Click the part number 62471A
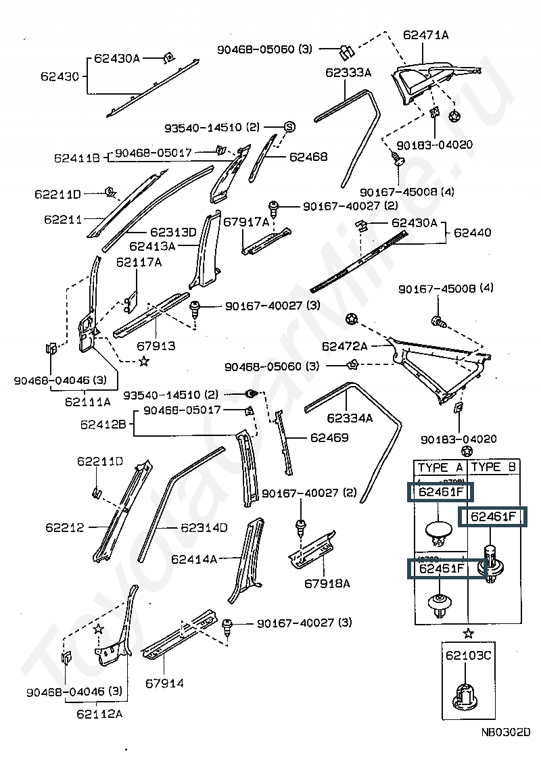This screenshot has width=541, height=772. (425, 34)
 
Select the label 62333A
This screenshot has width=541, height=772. (348, 72)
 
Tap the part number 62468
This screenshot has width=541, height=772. (308, 157)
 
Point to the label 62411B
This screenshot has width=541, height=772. (77, 158)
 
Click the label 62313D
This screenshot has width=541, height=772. (173, 232)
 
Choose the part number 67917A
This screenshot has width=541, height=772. (246, 222)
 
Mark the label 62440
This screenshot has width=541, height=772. (473, 233)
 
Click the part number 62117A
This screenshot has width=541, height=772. (139, 262)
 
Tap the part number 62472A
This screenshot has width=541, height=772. (344, 346)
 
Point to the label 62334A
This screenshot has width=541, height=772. (350, 418)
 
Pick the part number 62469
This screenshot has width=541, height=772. (329, 437)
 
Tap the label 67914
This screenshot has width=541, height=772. (164, 683)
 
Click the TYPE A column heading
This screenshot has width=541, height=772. (440, 467)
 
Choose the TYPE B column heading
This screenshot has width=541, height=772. (494, 467)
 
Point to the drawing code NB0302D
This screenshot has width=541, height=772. (506, 731)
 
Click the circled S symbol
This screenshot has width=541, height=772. (289, 126)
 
